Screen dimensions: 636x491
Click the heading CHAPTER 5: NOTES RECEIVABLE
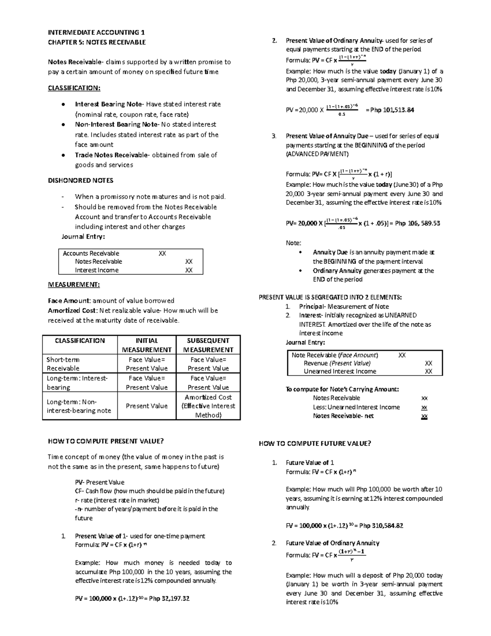(x=97, y=42)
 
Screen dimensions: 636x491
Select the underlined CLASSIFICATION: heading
(x=74, y=88)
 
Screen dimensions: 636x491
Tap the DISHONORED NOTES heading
(x=81, y=180)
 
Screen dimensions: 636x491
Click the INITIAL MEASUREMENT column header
(x=146, y=345)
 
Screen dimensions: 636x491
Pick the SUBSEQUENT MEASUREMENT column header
(x=208, y=345)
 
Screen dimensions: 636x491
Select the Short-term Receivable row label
(x=63, y=364)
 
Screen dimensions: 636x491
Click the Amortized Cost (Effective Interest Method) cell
(x=208, y=406)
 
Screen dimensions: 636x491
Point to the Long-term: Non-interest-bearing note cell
(x=79, y=406)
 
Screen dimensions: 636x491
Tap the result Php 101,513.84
(x=392, y=110)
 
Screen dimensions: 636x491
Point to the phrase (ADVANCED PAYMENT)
(x=317, y=154)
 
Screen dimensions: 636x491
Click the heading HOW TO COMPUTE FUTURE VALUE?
(x=315, y=444)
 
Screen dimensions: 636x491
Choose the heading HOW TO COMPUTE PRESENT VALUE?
(x=106, y=441)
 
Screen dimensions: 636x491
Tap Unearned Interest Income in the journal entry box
(x=340, y=371)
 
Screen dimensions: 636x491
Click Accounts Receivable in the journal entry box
(x=91, y=253)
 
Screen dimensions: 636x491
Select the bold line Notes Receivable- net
(x=343, y=416)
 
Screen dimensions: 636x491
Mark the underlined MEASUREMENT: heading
(x=74, y=284)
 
